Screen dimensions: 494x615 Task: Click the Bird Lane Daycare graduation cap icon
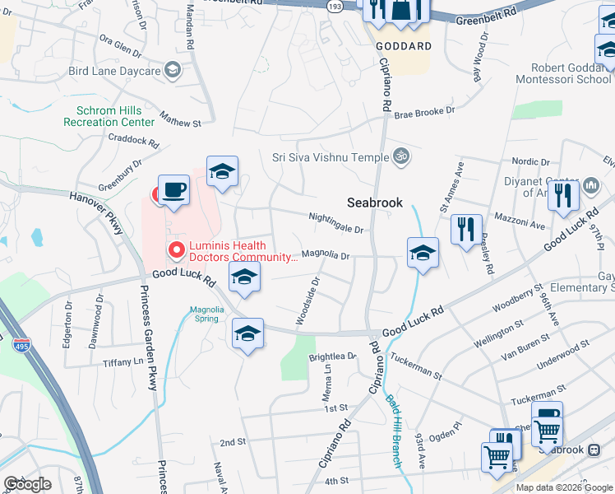[x=173, y=70]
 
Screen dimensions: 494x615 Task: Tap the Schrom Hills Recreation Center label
[x=109, y=116]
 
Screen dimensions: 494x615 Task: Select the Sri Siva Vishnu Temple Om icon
[x=401, y=156]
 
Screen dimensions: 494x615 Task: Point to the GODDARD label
[x=404, y=46]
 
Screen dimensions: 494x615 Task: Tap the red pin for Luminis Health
[x=174, y=249]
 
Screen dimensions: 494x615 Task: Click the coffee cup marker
[x=173, y=190]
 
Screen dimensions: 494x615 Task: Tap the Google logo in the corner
[x=27, y=484]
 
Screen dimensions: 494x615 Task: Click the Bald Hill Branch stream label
[x=393, y=432]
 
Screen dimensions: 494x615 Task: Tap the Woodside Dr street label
[x=307, y=300]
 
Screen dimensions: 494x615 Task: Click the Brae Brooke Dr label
[x=423, y=112]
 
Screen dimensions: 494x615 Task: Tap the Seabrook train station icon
[x=594, y=449]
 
